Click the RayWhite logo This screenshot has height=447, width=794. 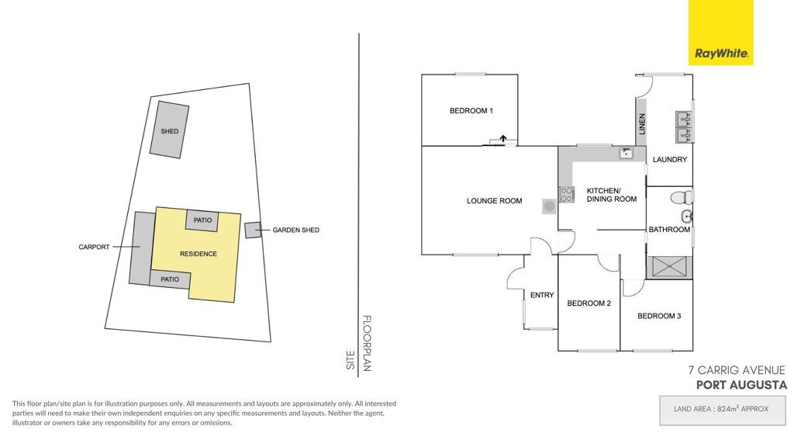point(720,33)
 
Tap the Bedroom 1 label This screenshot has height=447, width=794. point(471,110)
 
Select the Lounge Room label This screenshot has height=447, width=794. point(494,201)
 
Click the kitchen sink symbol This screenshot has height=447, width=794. point(626,153)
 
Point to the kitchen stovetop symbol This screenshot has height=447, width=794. point(566,195)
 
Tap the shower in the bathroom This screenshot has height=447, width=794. point(669,267)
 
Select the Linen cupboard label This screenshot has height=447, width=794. point(642,123)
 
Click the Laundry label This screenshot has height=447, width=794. point(669,160)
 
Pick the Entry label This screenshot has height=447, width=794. point(542,295)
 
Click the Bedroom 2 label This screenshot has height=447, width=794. point(589,303)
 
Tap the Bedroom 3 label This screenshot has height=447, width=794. point(659,316)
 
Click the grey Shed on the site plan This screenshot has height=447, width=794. point(169,130)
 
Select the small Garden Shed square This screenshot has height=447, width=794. point(253,230)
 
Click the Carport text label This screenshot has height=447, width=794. point(94,248)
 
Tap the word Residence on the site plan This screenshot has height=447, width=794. point(198,254)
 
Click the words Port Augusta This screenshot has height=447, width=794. point(741,385)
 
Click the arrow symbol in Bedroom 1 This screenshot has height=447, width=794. point(503,138)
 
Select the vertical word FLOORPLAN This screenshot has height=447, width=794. point(367,344)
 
